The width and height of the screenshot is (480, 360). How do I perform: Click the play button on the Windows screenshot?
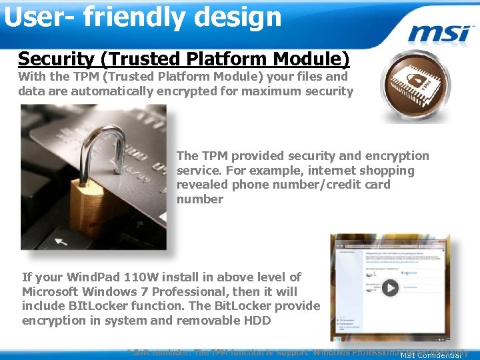[389, 287]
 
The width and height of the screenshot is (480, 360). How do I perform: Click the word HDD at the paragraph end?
[256, 321]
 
